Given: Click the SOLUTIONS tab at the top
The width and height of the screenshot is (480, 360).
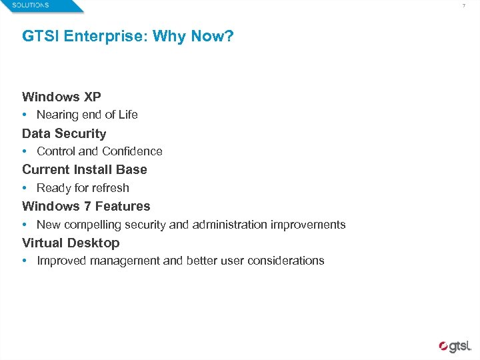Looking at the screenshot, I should [30, 5].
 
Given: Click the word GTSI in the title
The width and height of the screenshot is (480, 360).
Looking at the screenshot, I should [39, 36].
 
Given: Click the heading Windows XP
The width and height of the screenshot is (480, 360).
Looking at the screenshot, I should [61, 97].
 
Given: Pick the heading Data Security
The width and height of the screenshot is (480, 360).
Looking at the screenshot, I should [64, 133].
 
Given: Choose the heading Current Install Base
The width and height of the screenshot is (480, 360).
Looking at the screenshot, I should [85, 170].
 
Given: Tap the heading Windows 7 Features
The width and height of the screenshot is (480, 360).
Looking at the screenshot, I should [86, 207].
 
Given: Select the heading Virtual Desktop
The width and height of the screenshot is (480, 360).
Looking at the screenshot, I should [71, 243].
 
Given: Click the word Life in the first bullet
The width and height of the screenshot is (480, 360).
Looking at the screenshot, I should [127, 115].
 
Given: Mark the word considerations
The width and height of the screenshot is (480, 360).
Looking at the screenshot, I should [285, 261].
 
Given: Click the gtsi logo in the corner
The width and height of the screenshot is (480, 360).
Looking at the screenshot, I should [455, 346].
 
